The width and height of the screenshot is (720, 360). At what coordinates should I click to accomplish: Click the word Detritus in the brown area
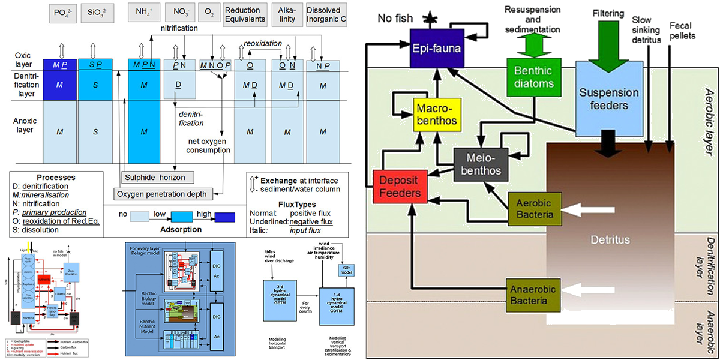609,239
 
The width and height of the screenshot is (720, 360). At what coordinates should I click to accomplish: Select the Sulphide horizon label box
158,177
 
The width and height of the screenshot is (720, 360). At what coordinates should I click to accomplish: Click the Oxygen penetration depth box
162,194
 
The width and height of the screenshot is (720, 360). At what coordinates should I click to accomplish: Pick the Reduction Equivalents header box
244,15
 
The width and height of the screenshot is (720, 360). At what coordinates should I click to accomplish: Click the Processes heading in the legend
56,178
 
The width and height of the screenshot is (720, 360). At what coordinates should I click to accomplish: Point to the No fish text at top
395,17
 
